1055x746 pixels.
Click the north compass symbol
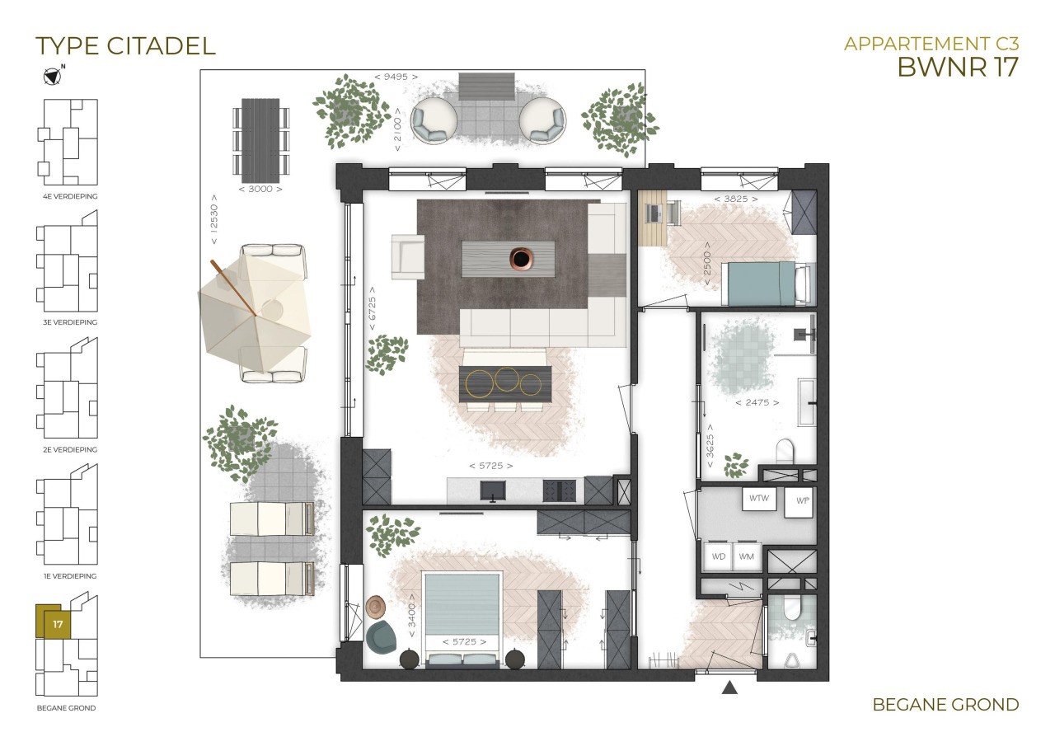pos(53,76)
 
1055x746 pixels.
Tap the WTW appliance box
pos(759,499)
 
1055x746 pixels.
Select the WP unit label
pos(803,500)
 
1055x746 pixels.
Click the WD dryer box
pos(718,556)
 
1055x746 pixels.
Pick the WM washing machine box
pos(746,556)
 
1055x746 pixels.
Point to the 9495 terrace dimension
pos(396,77)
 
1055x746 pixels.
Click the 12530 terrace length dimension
pos(214,219)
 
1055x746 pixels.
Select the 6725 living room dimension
pos(372,309)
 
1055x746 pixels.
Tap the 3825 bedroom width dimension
pos(736,199)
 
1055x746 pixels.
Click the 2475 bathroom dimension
pos(757,402)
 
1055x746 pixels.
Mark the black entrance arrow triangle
pos(729,687)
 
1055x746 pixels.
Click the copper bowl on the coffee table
pos(521,258)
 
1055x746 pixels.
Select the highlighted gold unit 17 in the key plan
pos(54,622)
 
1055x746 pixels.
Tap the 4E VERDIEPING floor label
pos(70,196)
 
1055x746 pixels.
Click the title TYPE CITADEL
pos(125,45)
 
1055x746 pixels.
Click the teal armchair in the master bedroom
pos(382,636)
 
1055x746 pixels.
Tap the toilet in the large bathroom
pos(785,450)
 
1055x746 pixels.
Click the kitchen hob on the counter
pos(559,491)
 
